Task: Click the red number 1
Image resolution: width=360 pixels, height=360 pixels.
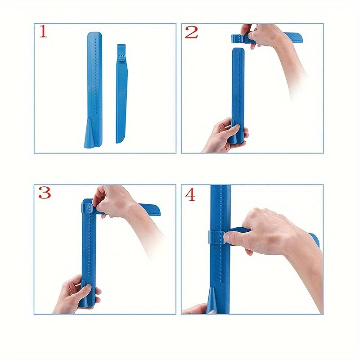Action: (43, 31)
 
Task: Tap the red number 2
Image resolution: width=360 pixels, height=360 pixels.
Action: (191, 32)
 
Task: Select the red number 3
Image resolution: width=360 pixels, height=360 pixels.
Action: (44, 193)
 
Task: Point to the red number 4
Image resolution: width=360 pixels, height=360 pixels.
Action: (190, 195)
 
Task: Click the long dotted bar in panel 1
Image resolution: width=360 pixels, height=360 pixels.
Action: (94, 90)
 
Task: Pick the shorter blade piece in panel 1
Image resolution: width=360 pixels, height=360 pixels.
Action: (121, 94)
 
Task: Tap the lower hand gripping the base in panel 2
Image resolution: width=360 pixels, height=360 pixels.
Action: (224, 135)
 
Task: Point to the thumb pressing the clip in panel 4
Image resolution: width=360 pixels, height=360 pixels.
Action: (234, 238)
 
